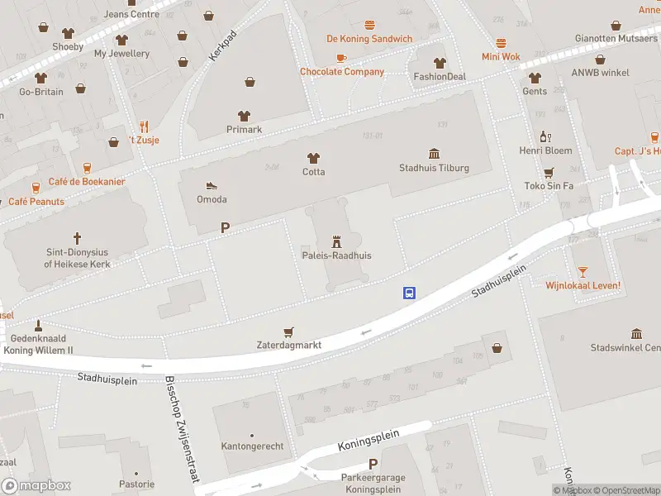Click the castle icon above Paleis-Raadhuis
point(336,241)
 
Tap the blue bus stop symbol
point(409,293)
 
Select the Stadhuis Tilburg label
point(434,168)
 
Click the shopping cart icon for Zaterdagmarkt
point(288,331)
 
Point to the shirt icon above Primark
point(244,116)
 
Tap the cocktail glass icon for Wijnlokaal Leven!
point(583,271)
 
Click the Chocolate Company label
point(341,72)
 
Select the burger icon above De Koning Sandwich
point(369,26)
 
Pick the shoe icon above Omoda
point(211,185)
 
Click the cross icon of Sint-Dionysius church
point(78,237)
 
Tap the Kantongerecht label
point(252,446)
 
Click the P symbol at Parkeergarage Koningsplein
point(373,464)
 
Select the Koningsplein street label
point(369,440)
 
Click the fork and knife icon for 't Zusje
point(144,126)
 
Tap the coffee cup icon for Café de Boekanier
point(35,188)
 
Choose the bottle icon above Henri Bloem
point(545,137)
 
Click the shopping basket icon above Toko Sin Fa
point(548,173)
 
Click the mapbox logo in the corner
point(36,486)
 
